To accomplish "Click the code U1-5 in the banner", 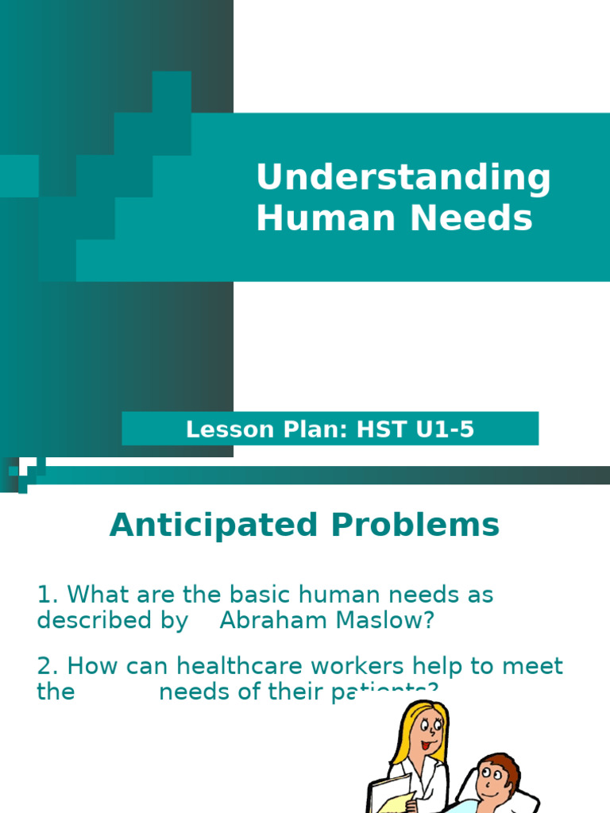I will point(446,430).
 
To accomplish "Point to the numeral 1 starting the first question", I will point(44,595).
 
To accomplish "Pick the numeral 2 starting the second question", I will point(44,666).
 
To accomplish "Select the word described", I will point(88,621).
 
